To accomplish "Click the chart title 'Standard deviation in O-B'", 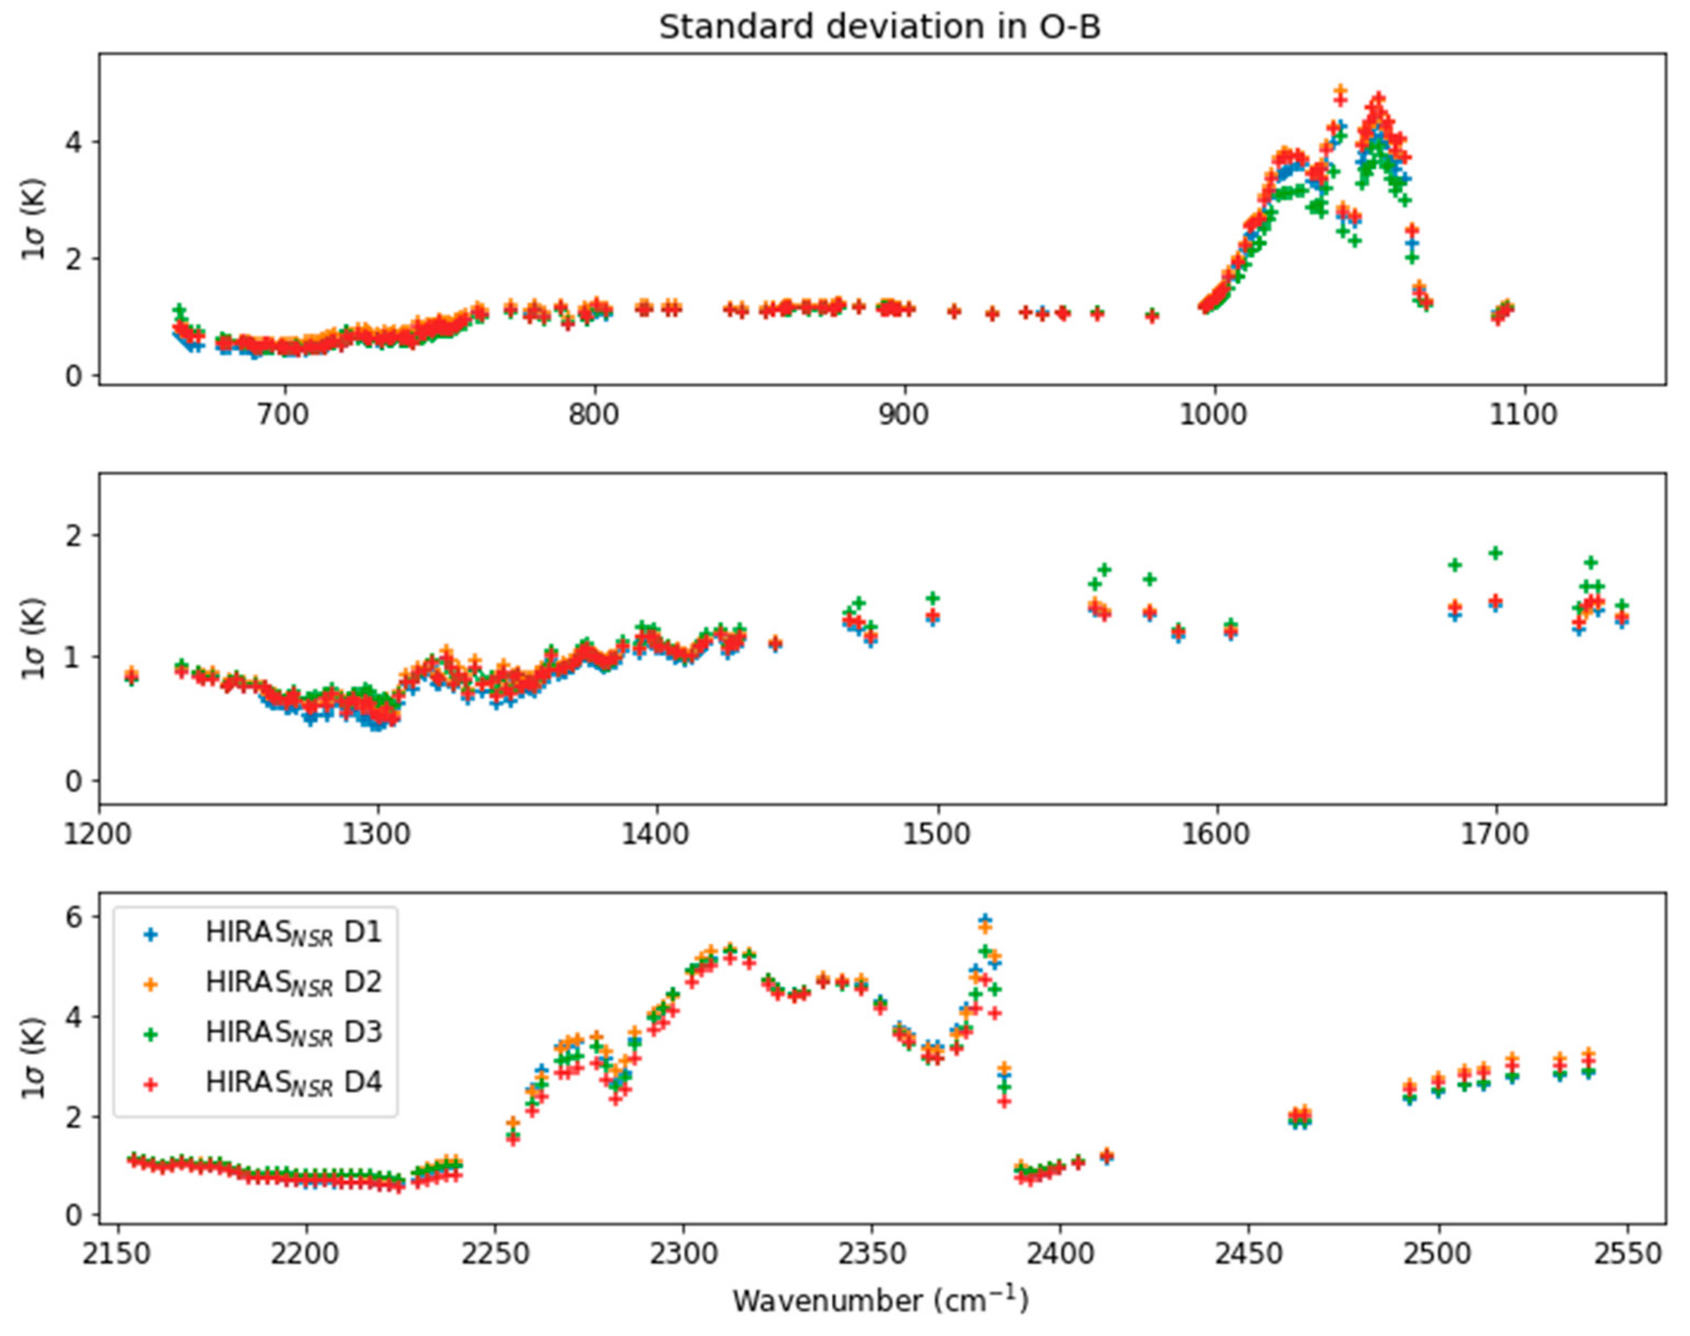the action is coord(879,27).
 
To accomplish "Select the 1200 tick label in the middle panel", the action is coord(99,834).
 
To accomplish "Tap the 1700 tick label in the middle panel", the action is coord(1495,834).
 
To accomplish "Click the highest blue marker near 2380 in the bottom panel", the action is coord(985,919).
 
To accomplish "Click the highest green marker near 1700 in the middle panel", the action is coord(1495,553).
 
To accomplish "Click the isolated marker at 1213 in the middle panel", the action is coord(131,676).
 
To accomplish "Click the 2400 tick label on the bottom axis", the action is coord(1060,1253).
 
